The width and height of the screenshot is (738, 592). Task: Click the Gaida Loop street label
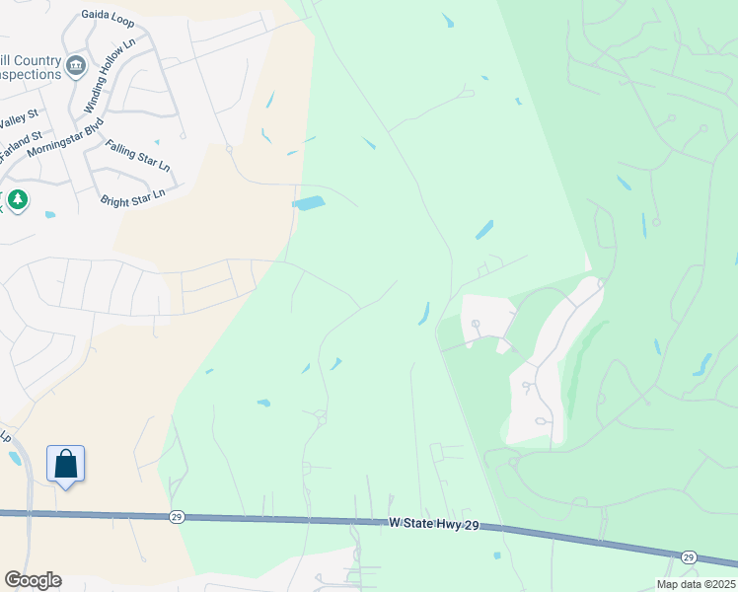click(108, 16)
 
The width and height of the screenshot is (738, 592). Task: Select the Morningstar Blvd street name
click(66, 138)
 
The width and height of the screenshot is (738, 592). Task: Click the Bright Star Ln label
click(133, 197)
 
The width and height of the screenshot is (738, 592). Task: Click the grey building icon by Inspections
click(76, 66)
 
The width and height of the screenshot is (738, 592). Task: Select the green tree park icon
click(17, 200)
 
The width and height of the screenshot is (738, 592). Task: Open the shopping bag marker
click(65, 464)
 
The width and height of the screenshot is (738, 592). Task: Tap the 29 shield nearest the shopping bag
click(177, 516)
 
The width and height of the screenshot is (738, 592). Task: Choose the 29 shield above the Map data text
click(689, 556)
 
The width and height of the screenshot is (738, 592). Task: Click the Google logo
click(33, 580)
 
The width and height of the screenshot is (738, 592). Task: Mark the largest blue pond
click(308, 203)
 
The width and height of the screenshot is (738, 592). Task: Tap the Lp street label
click(5, 435)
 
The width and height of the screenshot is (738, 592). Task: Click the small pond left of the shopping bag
click(15, 457)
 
